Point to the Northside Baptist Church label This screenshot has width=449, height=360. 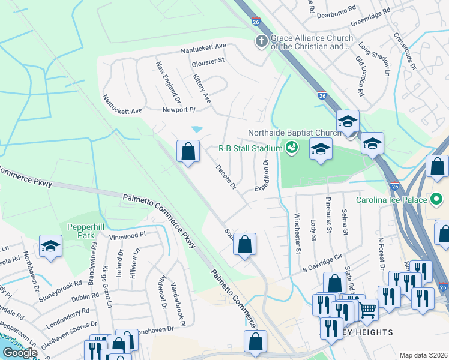coord(294,133)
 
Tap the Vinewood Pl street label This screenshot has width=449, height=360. coord(127,235)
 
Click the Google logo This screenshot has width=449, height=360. coord(20,353)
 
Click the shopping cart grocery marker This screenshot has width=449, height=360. coord(368,310)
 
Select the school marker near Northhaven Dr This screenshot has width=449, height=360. coord(50,246)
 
